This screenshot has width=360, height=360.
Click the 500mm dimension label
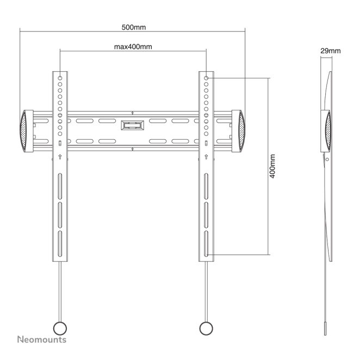[x=133, y=27]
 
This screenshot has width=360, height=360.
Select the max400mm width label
[x=133, y=47]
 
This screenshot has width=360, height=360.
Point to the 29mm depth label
[x=330, y=51]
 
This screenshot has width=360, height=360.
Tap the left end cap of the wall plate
[x=26, y=131]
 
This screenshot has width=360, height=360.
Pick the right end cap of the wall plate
[x=240, y=131]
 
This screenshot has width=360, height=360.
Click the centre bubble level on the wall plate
[x=133, y=125]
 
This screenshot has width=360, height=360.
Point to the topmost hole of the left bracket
[x=60, y=78]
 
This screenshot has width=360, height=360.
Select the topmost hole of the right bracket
[x=206, y=78]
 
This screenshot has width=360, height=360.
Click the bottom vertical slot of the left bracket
[x=60, y=239]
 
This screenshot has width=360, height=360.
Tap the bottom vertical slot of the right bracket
[x=206, y=239]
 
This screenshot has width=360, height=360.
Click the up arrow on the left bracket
[x=60, y=157]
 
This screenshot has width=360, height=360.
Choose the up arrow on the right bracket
[x=206, y=157]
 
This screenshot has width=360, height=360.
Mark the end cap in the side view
[x=327, y=131]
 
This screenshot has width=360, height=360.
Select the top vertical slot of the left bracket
[x=60, y=185]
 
